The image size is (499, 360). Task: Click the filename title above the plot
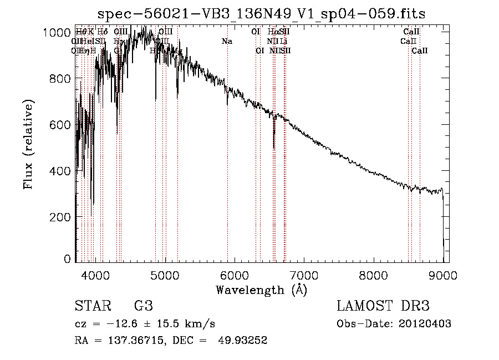tap(262, 14)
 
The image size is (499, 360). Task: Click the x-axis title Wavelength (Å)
tap(261, 290)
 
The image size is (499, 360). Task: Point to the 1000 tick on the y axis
tap(57, 33)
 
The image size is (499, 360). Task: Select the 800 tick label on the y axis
tap(61, 79)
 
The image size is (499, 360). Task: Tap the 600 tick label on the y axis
tap(61, 125)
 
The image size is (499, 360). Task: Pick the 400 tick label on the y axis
tap(61, 171)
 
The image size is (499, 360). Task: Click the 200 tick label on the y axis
tap(61, 217)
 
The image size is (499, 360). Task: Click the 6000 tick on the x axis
tap(234, 274)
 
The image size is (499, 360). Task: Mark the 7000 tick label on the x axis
tap(304, 274)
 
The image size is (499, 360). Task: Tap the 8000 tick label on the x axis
tap(373, 274)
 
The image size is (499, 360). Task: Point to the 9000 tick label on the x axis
tap(442, 274)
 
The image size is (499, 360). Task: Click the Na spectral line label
tap(227, 41)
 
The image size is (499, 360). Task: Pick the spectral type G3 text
tap(143, 306)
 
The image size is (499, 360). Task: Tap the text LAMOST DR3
tap(383, 306)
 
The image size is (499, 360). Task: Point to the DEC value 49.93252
tap(244, 341)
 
